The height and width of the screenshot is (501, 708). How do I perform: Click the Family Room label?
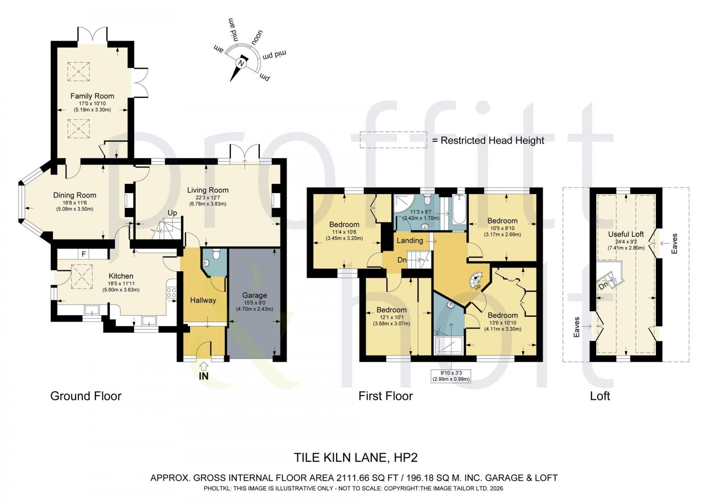[x=92, y=96]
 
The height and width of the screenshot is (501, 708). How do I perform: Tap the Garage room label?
[x=254, y=295]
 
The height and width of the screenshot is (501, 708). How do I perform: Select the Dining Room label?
[x=74, y=195]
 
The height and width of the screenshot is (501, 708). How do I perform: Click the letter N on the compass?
[x=242, y=63]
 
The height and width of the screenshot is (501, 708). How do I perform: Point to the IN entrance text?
[x=204, y=376]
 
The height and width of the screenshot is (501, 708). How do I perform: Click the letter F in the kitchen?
[x=84, y=254]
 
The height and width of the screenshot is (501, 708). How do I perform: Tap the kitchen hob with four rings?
[x=171, y=293]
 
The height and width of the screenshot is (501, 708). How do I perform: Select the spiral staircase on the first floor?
[x=476, y=280]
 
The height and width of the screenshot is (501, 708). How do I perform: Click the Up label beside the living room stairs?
[x=172, y=213]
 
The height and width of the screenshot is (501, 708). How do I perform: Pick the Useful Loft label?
[x=626, y=234]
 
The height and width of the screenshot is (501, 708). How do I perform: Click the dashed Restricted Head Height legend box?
[x=393, y=140]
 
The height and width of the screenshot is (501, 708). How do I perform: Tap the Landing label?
[x=410, y=241]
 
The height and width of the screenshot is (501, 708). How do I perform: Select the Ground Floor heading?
[x=86, y=396]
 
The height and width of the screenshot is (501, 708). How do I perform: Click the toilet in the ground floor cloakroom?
[x=216, y=254]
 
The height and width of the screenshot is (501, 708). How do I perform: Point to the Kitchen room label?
[x=121, y=276]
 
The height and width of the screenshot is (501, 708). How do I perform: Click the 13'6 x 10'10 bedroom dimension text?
[x=503, y=323]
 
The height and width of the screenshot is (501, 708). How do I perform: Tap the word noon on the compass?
[x=257, y=38]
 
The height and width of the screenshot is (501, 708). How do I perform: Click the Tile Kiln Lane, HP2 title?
[x=355, y=457]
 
